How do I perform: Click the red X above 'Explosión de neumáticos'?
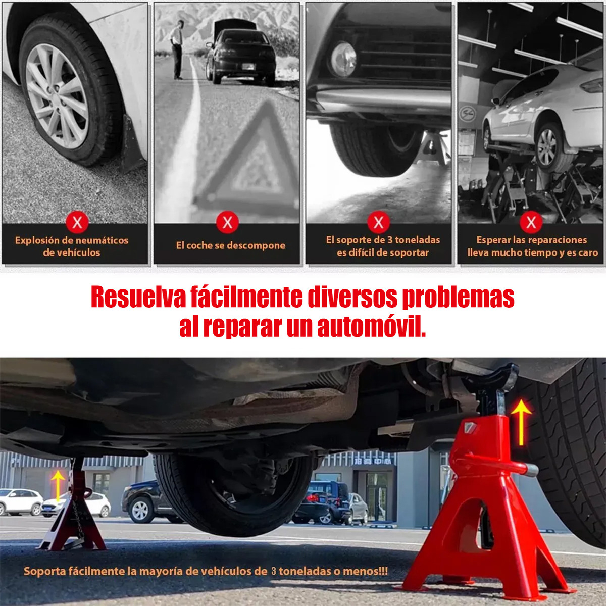[x=77, y=223]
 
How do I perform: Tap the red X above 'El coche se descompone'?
[x=227, y=223]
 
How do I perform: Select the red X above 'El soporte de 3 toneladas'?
[x=379, y=222]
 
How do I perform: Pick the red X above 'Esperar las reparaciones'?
[x=531, y=223]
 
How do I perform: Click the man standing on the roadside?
[x=177, y=49]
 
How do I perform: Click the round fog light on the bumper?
[x=343, y=60]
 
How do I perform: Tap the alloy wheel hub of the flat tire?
[x=57, y=96]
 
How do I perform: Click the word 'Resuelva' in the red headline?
[x=138, y=297]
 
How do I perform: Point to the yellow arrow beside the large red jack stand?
[x=521, y=422]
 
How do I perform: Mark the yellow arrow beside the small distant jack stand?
[x=58, y=486]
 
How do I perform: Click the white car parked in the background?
[x=21, y=502]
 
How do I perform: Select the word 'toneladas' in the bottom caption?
[x=304, y=571]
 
